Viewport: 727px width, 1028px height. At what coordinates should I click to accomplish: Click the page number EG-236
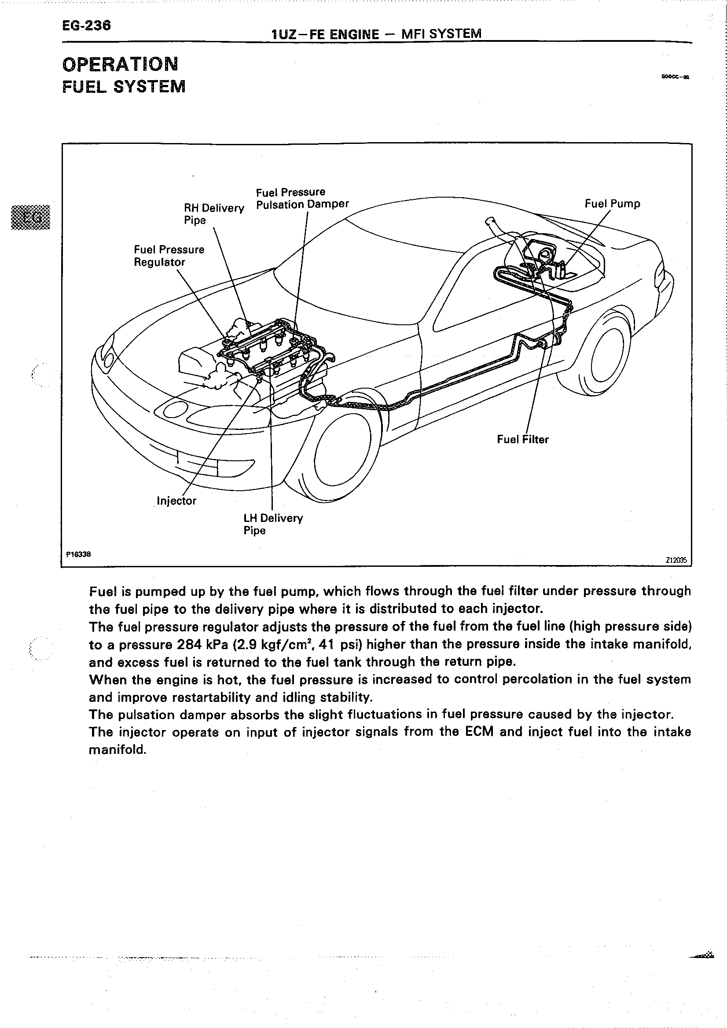point(86,26)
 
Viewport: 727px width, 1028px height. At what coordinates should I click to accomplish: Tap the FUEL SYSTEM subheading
point(124,86)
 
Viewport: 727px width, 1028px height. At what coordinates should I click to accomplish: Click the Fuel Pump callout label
point(612,204)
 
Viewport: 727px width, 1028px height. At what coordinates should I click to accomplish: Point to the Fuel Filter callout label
point(522,439)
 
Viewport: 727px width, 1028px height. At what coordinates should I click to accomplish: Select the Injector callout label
point(176,500)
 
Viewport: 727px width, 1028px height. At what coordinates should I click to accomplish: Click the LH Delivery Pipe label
point(273,524)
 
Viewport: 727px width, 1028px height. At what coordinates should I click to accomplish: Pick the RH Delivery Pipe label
point(214,213)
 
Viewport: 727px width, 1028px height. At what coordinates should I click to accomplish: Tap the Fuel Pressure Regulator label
point(169,255)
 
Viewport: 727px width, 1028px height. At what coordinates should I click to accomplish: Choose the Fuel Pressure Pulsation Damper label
point(302,198)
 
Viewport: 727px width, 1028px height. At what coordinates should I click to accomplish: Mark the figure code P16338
point(78,554)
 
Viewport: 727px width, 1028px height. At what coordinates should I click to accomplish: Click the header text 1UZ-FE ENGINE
point(325,34)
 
